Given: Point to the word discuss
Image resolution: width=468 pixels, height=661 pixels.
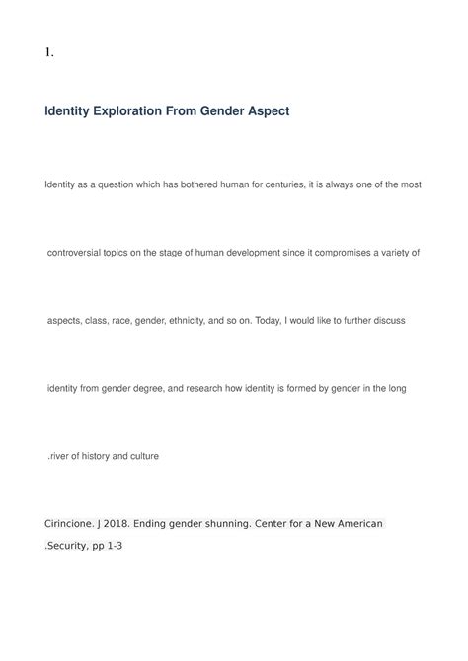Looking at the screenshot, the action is (386, 321).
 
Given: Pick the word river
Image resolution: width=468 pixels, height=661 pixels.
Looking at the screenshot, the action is (62, 456).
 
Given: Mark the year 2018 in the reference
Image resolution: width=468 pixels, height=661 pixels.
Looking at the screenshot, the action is (136, 522).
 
